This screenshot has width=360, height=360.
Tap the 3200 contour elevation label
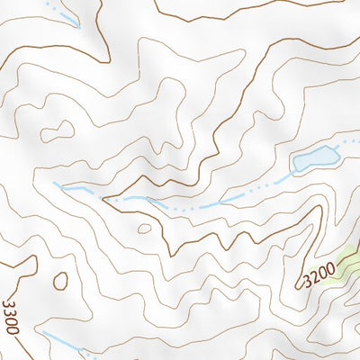[x=319, y=272]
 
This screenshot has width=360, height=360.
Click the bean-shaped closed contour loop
[x=57, y=128]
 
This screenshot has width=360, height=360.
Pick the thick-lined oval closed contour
[x=59, y=281]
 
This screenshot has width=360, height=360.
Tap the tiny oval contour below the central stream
[x=144, y=228]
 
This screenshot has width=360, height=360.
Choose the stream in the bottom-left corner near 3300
[x=63, y=343]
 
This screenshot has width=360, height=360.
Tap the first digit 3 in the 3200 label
[x=307, y=280]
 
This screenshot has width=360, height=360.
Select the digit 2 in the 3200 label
[x=314, y=274]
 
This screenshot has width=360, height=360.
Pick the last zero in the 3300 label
[x=13, y=328]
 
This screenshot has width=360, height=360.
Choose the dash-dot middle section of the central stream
[x=207, y=203]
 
